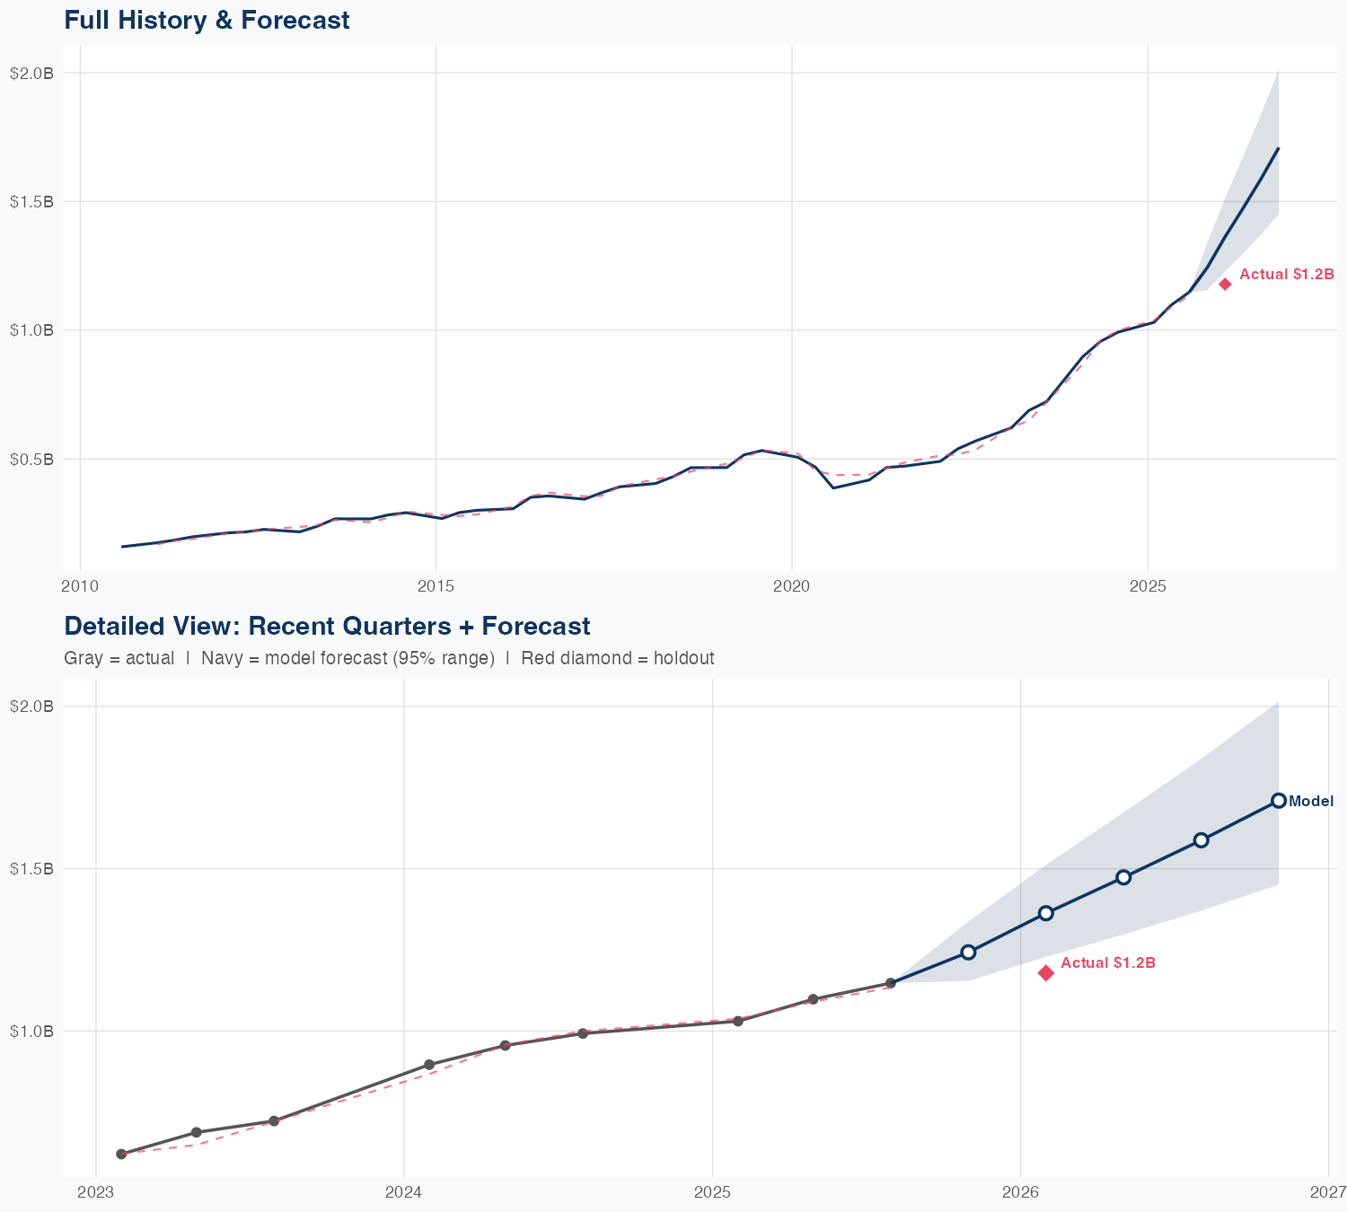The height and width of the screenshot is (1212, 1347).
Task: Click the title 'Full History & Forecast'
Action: (x=207, y=20)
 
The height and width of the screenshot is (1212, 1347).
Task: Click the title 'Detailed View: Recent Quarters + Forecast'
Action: (x=327, y=626)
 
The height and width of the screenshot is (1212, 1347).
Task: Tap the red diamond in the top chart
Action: (x=1225, y=285)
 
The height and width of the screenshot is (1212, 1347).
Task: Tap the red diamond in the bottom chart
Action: (x=1046, y=973)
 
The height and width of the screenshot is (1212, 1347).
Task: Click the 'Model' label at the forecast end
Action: (x=1311, y=802)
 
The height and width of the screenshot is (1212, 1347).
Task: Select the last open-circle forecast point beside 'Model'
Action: (x=1279, y=801)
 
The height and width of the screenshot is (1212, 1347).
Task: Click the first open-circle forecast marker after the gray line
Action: (x=968, y=953)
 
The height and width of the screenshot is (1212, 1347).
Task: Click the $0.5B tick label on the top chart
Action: (x=31, y=459)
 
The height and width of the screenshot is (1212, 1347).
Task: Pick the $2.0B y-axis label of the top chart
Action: (x=31, y=73)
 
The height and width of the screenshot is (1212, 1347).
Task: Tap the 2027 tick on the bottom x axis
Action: (x=1328, y=1192)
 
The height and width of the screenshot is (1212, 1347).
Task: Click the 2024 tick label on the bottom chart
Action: (x=403, y=1192)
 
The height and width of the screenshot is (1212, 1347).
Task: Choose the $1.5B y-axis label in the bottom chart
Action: (x=31, y=868)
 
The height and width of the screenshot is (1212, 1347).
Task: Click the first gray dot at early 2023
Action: (x=121, y=1155)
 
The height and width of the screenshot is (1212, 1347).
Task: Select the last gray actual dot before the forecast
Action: (x=891, y=983)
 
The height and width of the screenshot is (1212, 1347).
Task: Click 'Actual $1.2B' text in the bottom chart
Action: (x=1107, y=962)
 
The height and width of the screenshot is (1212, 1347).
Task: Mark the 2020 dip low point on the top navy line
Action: (x=833, y=487)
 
